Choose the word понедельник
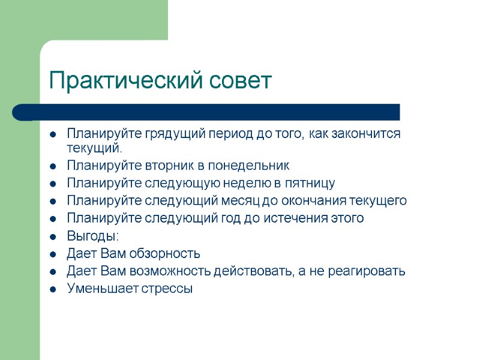[253, 166]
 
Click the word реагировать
[367, 271]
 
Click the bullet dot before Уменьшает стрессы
[53, 289]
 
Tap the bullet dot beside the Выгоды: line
[53, 236]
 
